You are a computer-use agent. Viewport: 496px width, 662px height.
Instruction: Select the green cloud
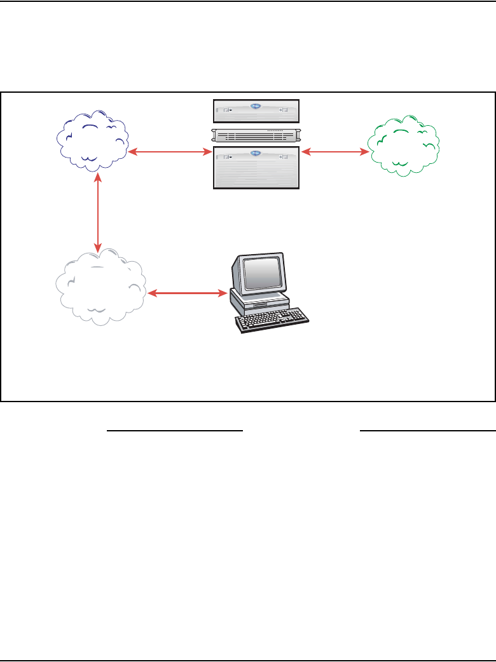[x=404, y=145]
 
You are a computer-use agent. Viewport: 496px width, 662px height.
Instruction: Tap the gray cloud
[x=100, y=287]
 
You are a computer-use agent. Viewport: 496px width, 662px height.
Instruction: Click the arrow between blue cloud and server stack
[x=170, y=152]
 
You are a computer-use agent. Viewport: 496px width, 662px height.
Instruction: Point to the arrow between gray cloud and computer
[x=188, y=293]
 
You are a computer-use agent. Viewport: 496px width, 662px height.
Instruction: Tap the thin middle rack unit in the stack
[x=256, y=135]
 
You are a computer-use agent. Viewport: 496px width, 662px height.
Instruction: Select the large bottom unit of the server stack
[x=256, y=167]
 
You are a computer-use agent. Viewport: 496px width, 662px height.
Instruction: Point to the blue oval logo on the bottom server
[x=256, y=152]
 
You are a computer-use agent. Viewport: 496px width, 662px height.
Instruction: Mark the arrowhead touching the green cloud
[x=366, y=152]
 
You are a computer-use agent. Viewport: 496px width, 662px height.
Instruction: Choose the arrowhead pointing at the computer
[x=224, y=293]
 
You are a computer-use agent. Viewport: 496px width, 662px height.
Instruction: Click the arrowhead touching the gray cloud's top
[x=97, y=247]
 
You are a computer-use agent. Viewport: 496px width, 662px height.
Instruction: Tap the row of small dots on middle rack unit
[x=275, y=130]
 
